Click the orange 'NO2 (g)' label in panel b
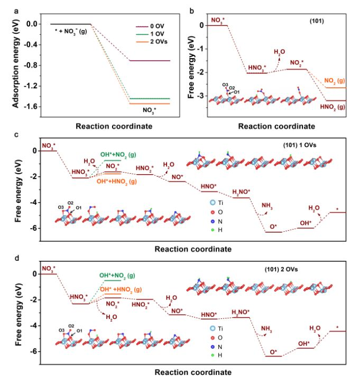tap(336, 81)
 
